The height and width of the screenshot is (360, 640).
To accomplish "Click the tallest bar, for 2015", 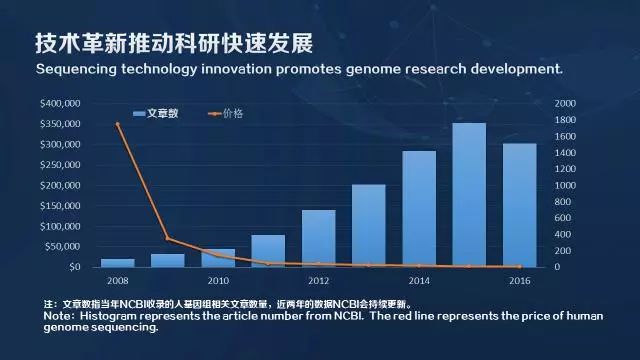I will [469, 196].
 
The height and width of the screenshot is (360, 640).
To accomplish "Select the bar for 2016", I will [519, 206].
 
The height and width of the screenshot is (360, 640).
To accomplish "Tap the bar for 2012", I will [318, 239].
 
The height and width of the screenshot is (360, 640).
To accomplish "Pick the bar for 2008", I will [117, 263].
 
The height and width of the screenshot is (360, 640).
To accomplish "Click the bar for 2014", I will [419, 209].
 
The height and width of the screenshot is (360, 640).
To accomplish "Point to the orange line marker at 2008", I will [117, 124].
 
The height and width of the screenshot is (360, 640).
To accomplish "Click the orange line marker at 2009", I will [167, 239].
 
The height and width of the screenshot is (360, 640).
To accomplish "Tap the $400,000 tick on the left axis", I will [60, 104].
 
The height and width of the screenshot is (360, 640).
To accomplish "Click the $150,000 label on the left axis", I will [60, 206].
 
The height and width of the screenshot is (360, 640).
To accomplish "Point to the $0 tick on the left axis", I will [74, 267].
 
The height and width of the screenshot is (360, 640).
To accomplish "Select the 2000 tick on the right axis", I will [565, 104].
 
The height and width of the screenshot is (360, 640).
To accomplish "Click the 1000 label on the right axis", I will [565, 186].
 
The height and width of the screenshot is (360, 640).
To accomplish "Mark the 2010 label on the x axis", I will [218, 281].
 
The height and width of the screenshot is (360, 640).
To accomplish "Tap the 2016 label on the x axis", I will [519, 281].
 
